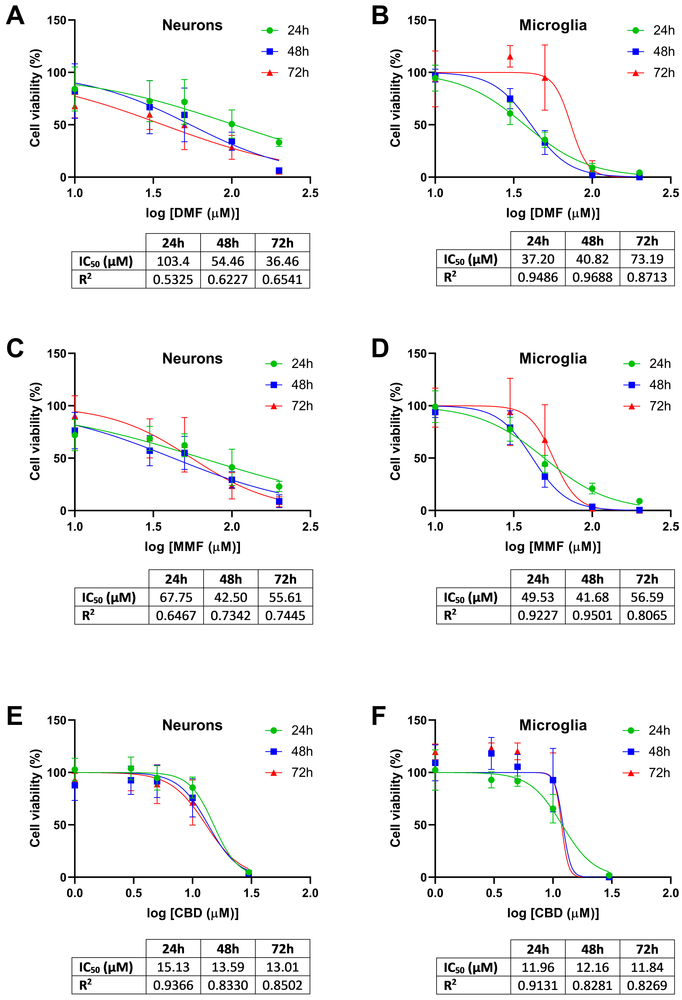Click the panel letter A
[15, 16]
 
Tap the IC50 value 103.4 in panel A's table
[173, 261]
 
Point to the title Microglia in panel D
[553, 358]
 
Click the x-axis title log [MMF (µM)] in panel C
[192, 546]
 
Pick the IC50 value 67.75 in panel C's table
[176, 597]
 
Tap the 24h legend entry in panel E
[289, 730]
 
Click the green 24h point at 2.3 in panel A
[279, 142]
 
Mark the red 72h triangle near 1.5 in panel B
[510, 57]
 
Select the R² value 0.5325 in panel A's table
[173, 280]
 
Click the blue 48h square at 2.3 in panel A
[279, 171]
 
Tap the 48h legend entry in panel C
[289, 385]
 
